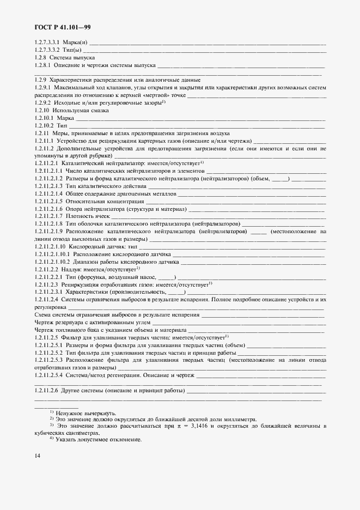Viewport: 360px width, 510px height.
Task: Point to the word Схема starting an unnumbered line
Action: (x=43, y=315)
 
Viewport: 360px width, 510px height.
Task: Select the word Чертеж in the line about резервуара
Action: (x=44, y=323)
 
